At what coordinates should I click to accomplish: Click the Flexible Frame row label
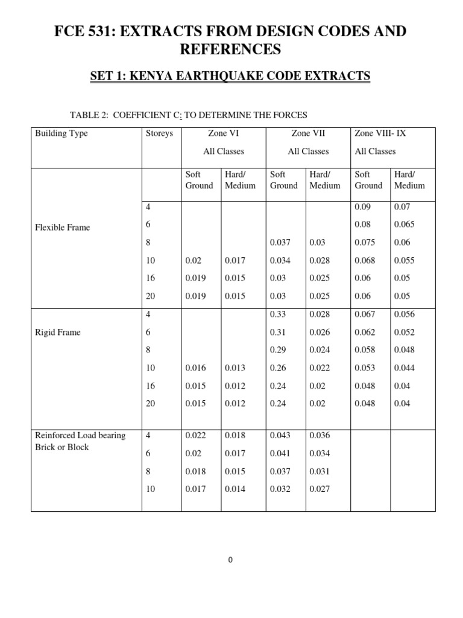[61, 228]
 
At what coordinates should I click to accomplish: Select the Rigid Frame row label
[58, 333]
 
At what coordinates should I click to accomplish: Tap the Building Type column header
[61, 133]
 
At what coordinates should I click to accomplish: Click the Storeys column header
[159, 133]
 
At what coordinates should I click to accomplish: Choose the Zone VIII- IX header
[380, 133]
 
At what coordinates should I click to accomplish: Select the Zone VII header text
[308, 133]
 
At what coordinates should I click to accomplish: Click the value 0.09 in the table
[364, 206]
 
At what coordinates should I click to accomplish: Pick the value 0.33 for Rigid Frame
[278, 314]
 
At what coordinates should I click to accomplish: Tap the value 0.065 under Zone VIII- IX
[405, 225]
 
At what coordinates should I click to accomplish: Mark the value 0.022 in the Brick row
[195, 436]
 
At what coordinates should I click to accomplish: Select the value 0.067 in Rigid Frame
[365, 314]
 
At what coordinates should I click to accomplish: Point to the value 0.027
[320, 489]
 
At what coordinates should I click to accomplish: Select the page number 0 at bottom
[231, 560]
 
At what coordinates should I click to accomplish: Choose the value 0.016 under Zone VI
[195, 368]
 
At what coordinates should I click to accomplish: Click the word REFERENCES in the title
[231, 50]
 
